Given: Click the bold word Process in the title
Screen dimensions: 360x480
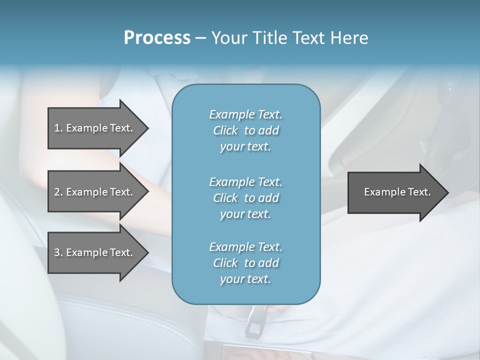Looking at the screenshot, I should pos(157,38).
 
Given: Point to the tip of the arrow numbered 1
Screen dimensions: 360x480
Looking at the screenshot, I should pos(147,128).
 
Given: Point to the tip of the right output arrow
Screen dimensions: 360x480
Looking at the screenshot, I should pos(447,192).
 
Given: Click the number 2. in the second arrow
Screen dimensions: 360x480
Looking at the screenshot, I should pos(58,192).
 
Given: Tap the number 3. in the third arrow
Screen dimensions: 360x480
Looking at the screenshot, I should pos(58,252).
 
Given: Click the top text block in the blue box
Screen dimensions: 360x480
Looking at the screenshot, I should pos(245,130).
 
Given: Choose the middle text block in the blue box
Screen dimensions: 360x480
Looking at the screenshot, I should pos(245,197).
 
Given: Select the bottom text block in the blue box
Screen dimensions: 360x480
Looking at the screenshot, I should pos(245,263).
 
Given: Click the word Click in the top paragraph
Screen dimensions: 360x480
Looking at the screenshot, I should pos(225,131).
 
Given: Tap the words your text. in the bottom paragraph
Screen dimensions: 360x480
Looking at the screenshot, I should pos(245,279).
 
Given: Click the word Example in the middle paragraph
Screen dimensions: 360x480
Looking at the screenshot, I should pos(231,181).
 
